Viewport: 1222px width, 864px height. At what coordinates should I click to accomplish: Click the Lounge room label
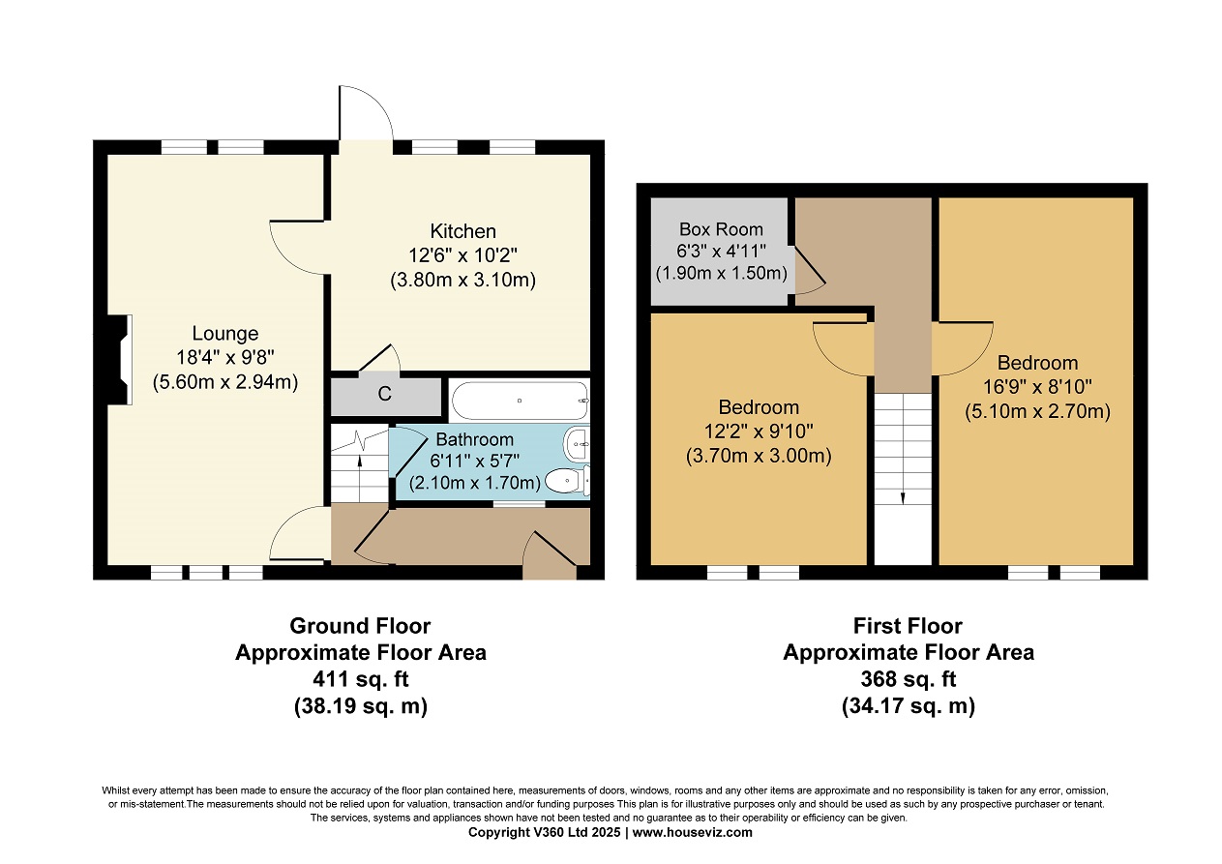coord(224,333)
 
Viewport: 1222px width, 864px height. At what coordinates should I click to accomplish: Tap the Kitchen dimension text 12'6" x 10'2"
coord(462,255)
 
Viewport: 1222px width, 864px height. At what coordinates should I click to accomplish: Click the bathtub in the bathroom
coord(520,401)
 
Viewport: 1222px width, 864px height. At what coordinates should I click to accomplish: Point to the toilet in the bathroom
coord(567,481)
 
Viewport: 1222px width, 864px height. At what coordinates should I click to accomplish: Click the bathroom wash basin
coord(578,444)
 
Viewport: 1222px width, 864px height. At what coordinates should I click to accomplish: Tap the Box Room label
coord(721,229)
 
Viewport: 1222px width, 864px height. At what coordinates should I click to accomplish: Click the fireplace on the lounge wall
coord(119,360)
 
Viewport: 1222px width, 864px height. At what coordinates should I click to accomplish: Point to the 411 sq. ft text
coord(360,679)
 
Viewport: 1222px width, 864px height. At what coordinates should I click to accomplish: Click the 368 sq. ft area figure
coord(909,679)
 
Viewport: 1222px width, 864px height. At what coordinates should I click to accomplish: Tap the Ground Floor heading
coord(360,626)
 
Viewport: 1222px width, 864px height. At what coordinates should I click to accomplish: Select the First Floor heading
coord(908,626)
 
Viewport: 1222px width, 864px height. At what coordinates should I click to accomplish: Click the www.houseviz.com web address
coord(693,832)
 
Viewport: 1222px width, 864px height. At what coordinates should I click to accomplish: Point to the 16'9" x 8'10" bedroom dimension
coord(1037,387)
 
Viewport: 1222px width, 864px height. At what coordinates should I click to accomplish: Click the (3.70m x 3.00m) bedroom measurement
coord(759,456)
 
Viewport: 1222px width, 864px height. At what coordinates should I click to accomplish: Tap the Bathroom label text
coord(475,439)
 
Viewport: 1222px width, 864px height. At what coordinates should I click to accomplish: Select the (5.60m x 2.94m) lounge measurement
coord(224,382)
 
